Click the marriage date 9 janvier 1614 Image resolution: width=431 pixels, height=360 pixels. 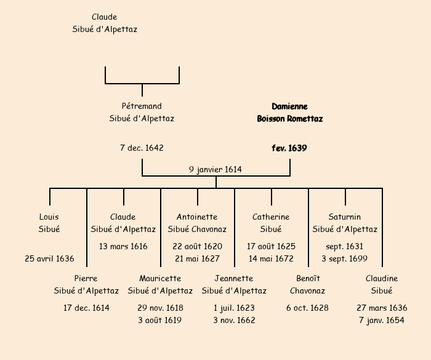click(x=216, y=169)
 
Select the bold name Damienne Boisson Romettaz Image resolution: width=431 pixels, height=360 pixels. click(x=289, y=113)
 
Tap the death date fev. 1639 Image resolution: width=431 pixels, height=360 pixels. click(x=289, y=148)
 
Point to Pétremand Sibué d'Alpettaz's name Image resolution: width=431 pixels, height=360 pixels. click(x=142, y=113)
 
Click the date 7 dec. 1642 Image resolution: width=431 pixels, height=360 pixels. click(x=142, y=148)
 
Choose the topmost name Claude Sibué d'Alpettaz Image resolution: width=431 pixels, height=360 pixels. click(x=105, y=23)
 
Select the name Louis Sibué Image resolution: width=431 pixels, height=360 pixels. click(x=49, y=223)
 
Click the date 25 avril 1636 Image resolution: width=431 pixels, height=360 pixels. click(x=49, y=259)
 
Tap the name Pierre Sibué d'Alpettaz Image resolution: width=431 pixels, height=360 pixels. click(x=86, y=285)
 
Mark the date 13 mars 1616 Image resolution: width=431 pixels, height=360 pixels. click(x=123, y=247)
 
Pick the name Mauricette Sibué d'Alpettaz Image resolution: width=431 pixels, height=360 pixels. click(x=160, y=285)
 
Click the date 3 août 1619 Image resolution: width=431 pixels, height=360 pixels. click(x=160, y=321)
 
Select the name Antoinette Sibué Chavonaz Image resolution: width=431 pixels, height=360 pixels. click(x=197, y=223)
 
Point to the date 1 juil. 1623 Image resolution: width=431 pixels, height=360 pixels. click(x=234, y=308)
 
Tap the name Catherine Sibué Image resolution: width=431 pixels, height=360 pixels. click(x=271, y=223)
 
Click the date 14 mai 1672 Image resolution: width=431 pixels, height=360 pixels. click(x=271, y=259)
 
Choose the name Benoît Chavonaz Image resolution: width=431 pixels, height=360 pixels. click(x=308, y=285)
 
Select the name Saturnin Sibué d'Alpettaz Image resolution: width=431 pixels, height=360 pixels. click(x=345, y=223)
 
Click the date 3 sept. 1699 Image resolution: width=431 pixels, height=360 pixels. click(x=345, y=259)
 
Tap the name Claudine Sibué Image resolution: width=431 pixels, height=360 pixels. click(x=382, y=285)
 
